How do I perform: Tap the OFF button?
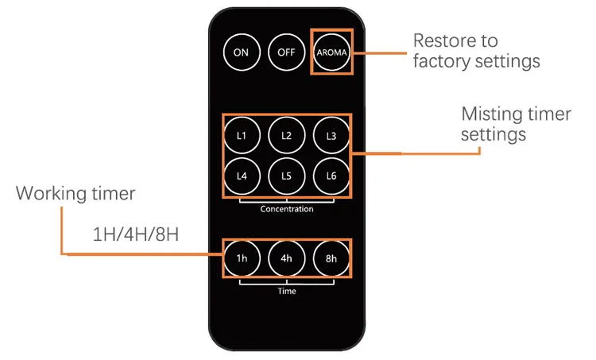click(x=286, y=52)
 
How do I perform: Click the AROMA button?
click(x=331, y=52)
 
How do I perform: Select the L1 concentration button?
click(x=242, y=136)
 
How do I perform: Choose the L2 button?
click(x=286, y=136)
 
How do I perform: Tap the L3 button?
click(x=331, y=136)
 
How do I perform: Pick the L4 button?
click(x=242, y=176)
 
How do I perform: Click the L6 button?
click(x=331, y=176)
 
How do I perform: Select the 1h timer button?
click(x=242, y=257)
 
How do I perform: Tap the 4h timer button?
click(x=286, y=257)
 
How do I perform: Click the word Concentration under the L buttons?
click(x=286, y=210)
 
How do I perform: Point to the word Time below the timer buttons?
click(x=287, y=292)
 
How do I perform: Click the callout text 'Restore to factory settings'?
click(x=475, y=51)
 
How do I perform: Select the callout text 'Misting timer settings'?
click(x=516, y=124)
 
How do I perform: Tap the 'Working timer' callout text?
click(x=75, y=193)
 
